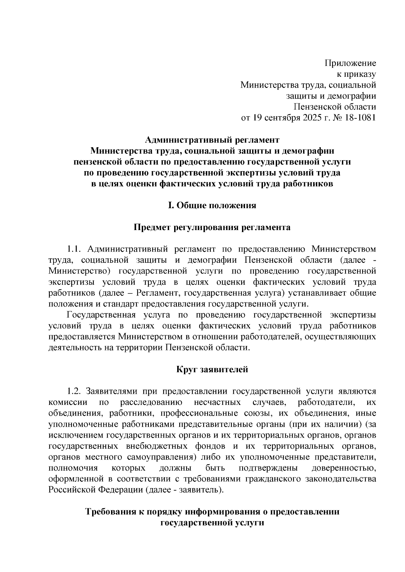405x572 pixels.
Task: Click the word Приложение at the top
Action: pos(350,63)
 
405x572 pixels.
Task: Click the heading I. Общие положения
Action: pos(212,205)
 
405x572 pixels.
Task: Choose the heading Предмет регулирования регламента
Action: pos(212,227)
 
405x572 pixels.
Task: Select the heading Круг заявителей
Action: pos(212,370)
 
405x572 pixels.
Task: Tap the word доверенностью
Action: pos(344,468)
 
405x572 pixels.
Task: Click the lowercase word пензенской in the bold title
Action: pos(97,162)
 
